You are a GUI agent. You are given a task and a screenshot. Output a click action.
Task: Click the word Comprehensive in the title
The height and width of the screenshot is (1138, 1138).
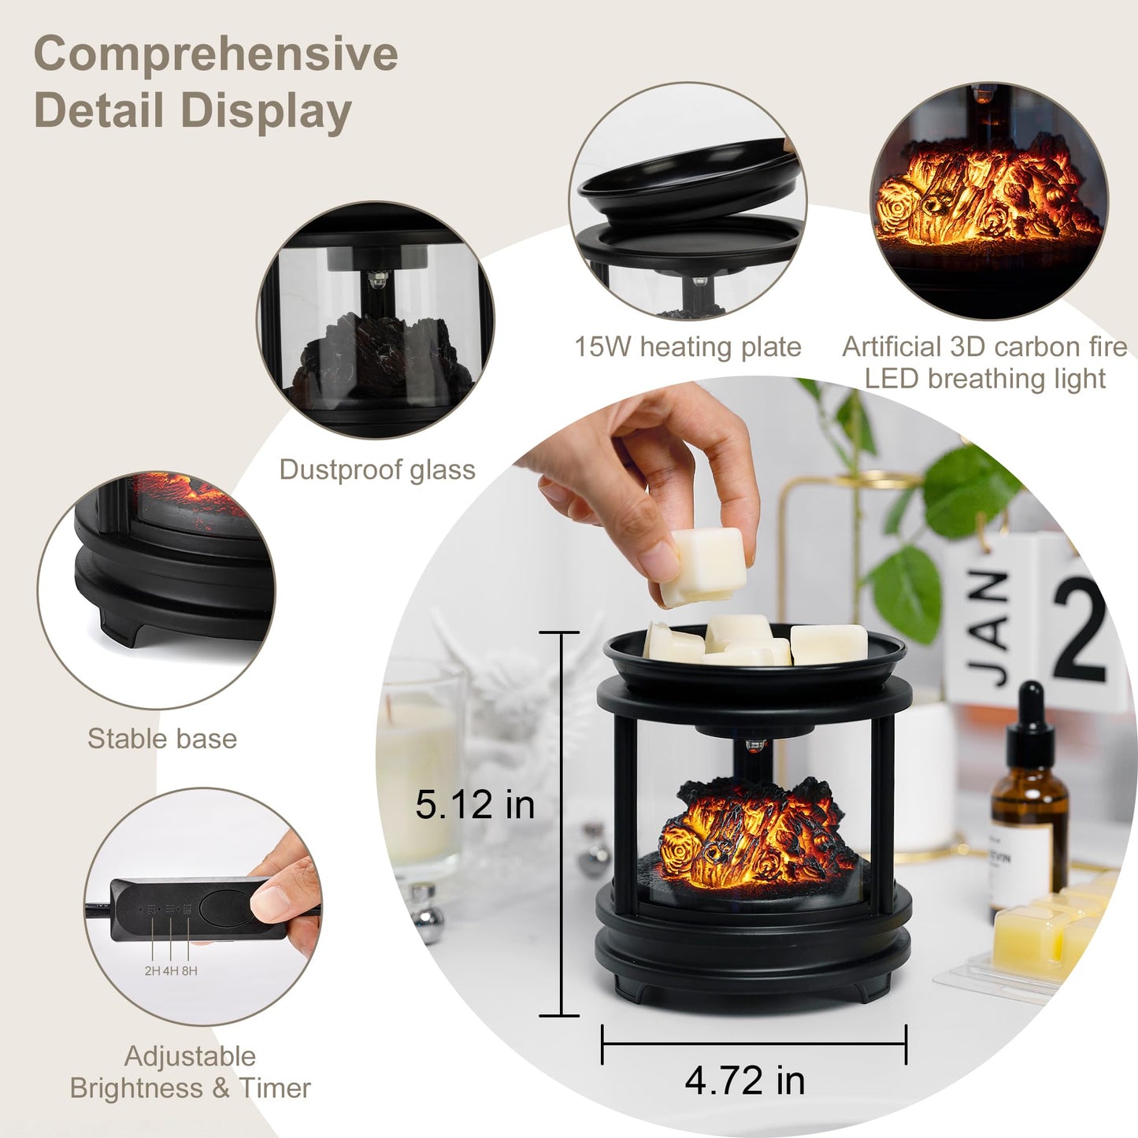coord(215,54)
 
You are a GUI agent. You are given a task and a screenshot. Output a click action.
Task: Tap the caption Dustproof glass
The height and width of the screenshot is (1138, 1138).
coord(377,469)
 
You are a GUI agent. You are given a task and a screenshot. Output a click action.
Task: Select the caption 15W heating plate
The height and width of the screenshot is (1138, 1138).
coord(688,347)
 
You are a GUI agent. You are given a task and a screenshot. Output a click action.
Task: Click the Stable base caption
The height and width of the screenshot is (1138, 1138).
coord(162,739)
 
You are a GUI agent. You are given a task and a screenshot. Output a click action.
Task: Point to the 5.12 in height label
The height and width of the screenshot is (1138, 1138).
coord(475,805)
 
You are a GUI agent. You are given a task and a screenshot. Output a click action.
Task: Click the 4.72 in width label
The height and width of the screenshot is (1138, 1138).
coord(745,1081)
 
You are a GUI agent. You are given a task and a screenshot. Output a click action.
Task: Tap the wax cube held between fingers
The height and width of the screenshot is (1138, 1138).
coord(704,565)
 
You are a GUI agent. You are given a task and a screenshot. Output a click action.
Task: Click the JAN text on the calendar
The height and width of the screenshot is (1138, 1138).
coord(989,630)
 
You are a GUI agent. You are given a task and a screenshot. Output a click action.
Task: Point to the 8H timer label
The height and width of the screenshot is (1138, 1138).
coord(190,971)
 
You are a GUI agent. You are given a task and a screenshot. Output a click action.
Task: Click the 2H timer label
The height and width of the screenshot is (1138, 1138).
coord(153,971)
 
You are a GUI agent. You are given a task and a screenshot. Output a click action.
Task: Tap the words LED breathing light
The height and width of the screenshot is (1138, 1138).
coord(984,379)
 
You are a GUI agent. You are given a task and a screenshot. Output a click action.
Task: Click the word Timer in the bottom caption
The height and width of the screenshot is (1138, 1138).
coord(275,1088)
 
